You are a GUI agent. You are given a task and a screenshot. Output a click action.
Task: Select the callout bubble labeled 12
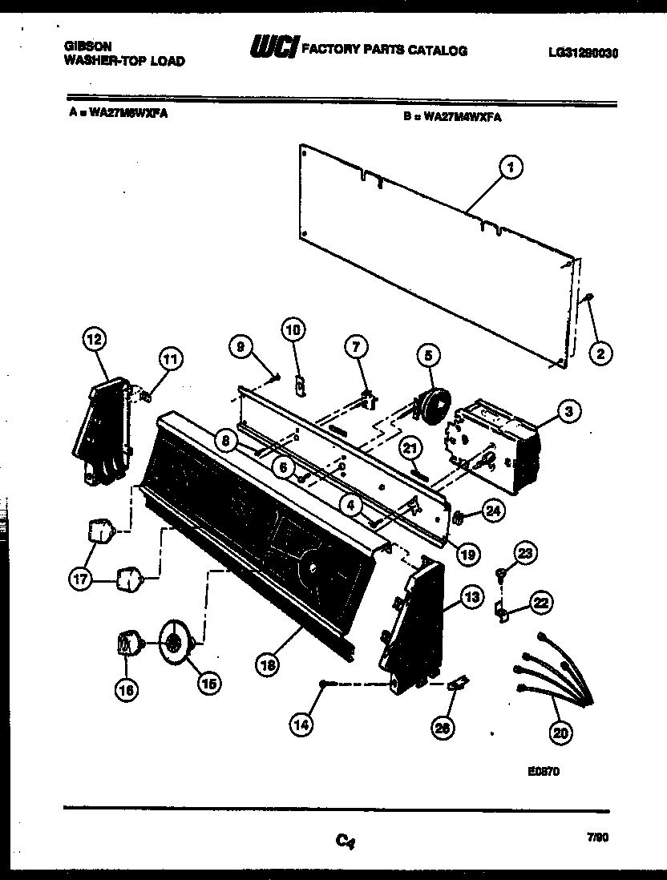[95, 340]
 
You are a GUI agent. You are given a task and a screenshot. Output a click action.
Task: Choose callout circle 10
[294, 329]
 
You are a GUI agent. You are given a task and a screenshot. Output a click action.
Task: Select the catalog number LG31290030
[584, 54]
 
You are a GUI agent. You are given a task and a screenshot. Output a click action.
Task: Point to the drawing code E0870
[543, 773]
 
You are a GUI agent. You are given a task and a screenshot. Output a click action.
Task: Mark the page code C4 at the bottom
[345, 841]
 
